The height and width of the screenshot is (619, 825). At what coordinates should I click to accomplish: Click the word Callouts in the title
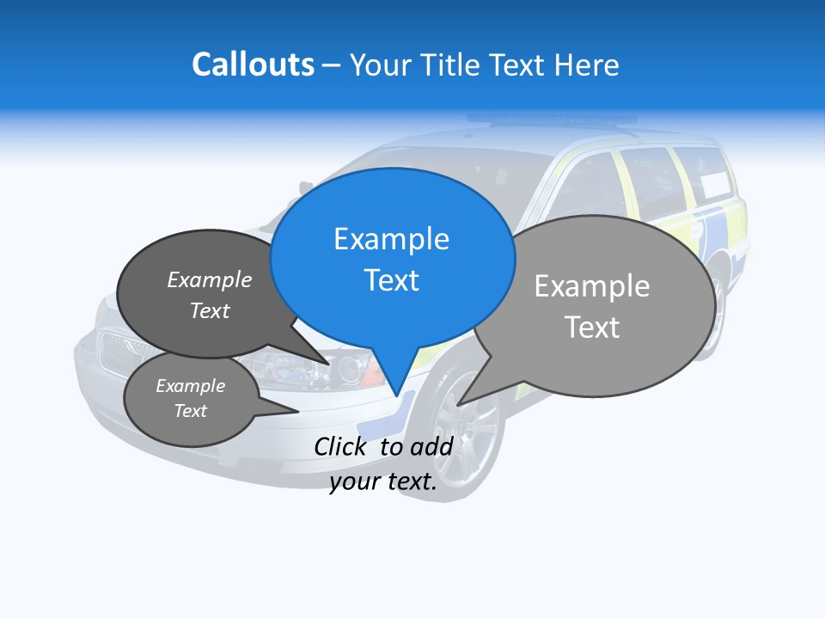coord(253,64)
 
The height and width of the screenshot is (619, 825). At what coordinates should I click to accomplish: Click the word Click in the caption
coord(339,446)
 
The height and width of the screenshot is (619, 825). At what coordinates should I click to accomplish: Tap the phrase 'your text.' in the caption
coord(382,481)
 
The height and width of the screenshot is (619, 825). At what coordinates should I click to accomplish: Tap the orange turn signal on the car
coord(376,375)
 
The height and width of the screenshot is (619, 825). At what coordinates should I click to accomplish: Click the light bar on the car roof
coord(550,120)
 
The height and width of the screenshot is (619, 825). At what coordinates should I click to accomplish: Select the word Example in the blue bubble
coord(391,239)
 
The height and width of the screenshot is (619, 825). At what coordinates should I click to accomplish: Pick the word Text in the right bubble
coord(592,328)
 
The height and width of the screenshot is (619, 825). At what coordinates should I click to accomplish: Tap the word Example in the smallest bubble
coord(190,386)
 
